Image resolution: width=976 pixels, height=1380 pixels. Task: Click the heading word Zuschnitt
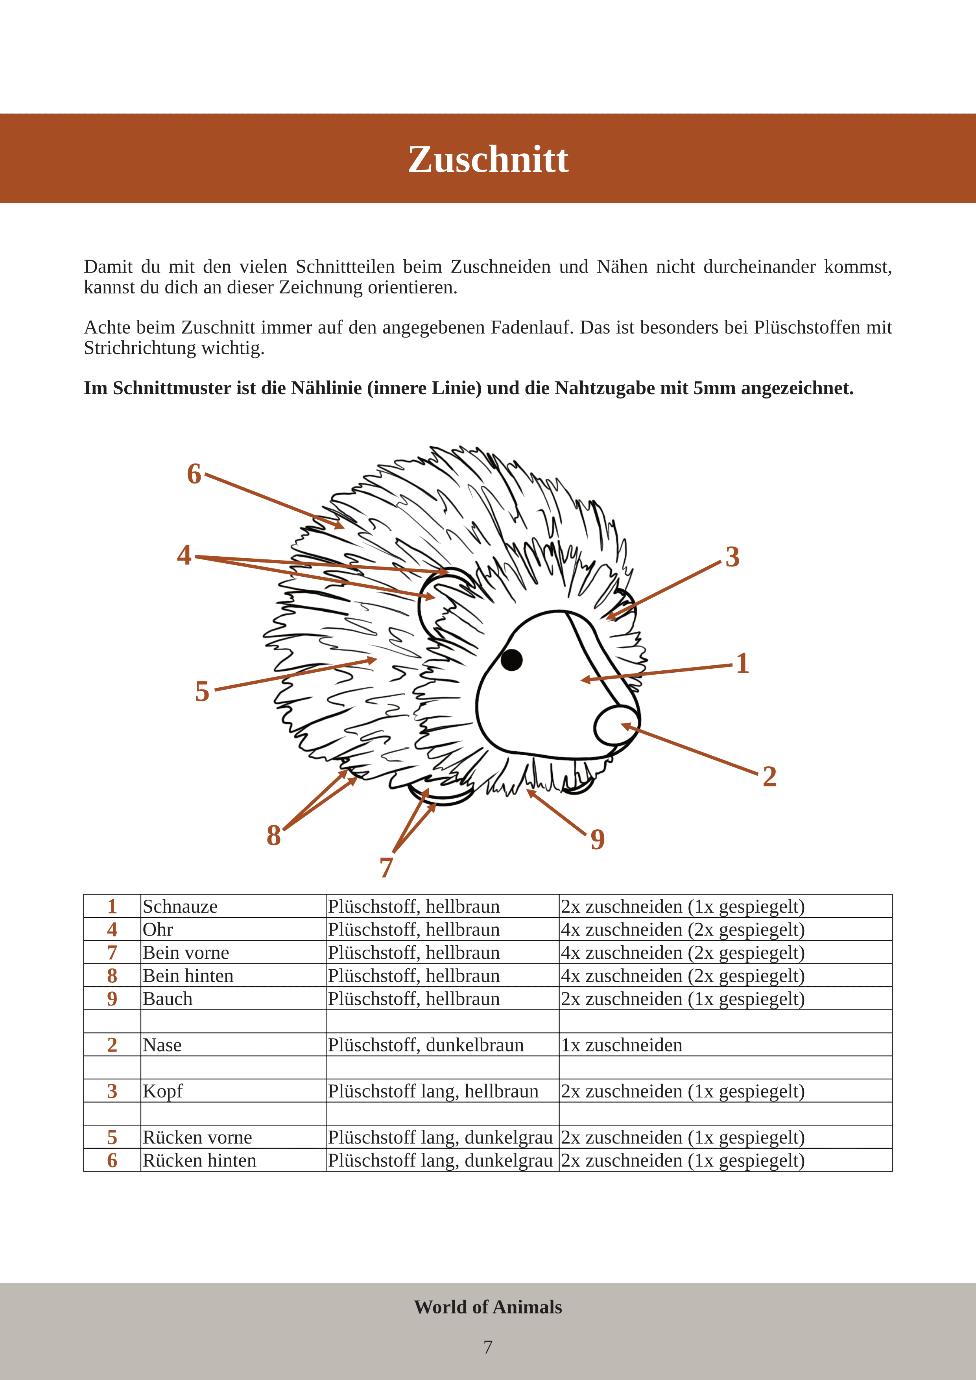coord(488,159)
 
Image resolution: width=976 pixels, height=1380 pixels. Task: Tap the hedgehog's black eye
coord(511,659)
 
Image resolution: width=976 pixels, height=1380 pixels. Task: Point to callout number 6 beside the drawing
coord(194,474)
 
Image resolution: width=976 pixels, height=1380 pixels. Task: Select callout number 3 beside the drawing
coord(732,557)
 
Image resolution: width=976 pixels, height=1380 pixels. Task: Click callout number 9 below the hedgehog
coord(598,839)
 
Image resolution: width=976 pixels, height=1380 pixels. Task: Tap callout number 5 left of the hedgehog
coord(203,692)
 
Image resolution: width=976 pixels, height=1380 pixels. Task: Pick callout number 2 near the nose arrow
coord(769,777)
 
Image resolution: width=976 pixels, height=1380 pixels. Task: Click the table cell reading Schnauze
coord(180,906)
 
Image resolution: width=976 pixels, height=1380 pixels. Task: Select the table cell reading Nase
coord(162,1045)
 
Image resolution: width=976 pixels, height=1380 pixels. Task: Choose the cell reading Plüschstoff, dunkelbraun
coord(426,1045)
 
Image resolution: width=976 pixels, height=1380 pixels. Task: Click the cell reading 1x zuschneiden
coord(622,1045)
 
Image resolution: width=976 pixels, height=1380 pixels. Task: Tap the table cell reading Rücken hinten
coord(199,1160)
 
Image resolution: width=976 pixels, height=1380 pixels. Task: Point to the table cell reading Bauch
coord(168,999)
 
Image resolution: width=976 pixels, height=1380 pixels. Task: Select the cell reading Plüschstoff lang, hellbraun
coord(433,1092)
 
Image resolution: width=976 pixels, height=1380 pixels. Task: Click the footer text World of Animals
coord(487,1307)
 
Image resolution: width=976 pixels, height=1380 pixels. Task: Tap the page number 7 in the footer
coord(488,1347)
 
